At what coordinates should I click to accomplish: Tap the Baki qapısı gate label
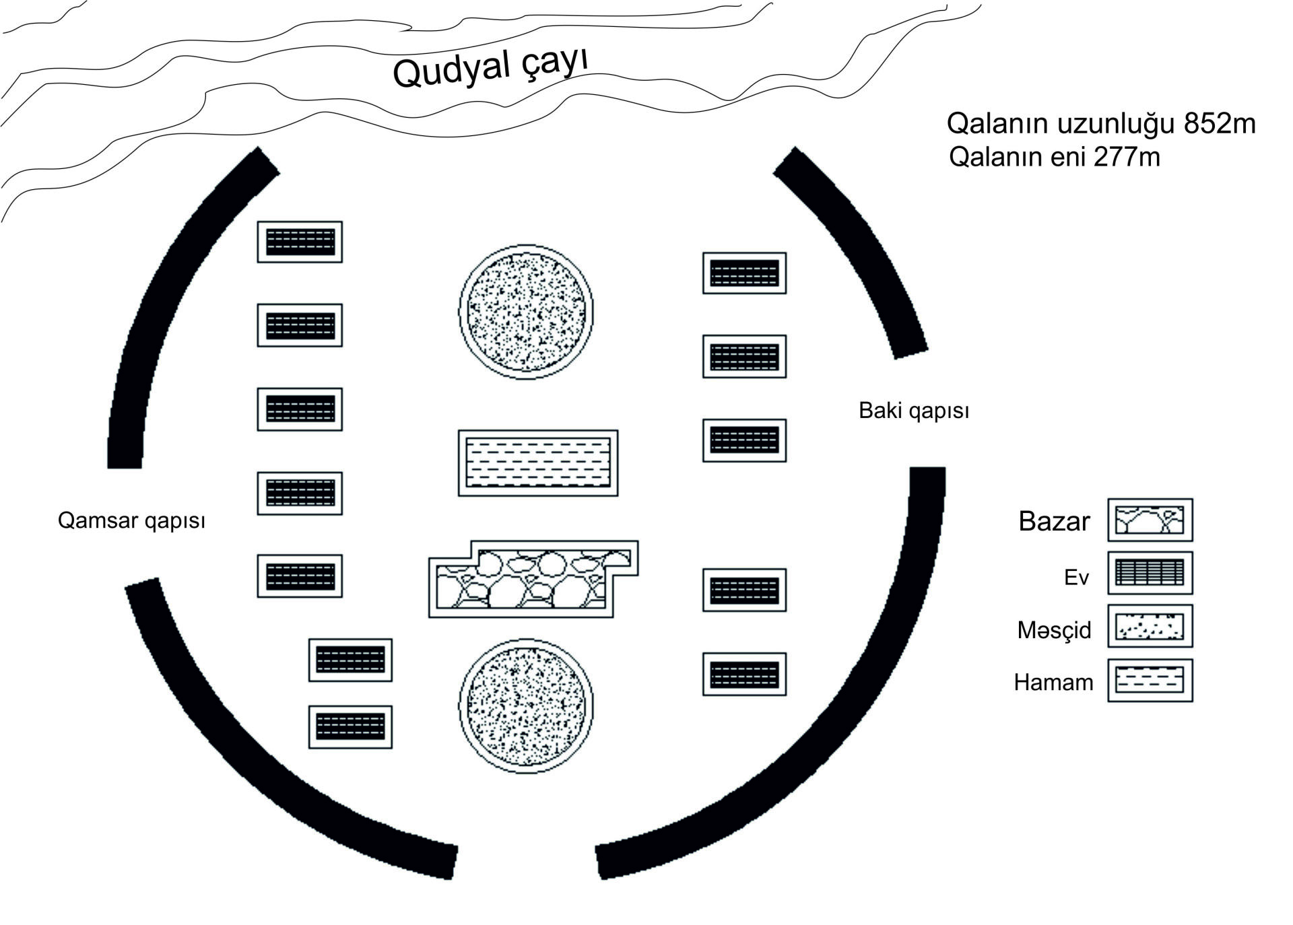914,411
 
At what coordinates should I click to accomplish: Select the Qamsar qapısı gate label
131,520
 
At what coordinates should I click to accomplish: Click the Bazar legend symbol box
1150,520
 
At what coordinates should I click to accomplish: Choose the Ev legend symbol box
1150,573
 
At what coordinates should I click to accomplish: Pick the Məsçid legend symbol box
1150,626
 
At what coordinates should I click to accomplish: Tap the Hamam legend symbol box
1150,680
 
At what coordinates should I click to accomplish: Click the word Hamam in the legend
1053,683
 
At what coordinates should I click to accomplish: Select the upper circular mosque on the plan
526,312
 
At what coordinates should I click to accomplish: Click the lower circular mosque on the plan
526,706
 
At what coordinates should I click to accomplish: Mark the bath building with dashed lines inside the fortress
538,463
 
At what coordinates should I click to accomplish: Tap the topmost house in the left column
300,242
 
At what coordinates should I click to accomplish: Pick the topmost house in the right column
744,273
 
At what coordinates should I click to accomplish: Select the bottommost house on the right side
744,674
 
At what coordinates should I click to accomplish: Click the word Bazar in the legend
1054,522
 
